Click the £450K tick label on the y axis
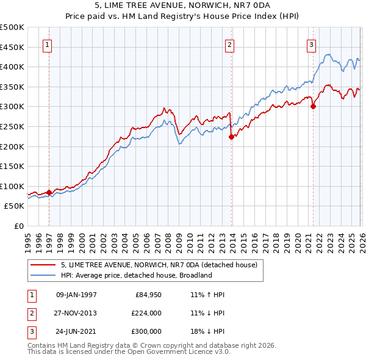pos(12,47)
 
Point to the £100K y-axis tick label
pos(12,187)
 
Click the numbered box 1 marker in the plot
pos(47,44)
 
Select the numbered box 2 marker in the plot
pos(229,44)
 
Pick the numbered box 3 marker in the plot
pos(311,44)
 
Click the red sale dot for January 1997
pos(49,192)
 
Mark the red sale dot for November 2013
pos(231,137)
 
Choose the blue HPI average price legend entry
pos(135,275)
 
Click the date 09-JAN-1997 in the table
pos(76,295)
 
